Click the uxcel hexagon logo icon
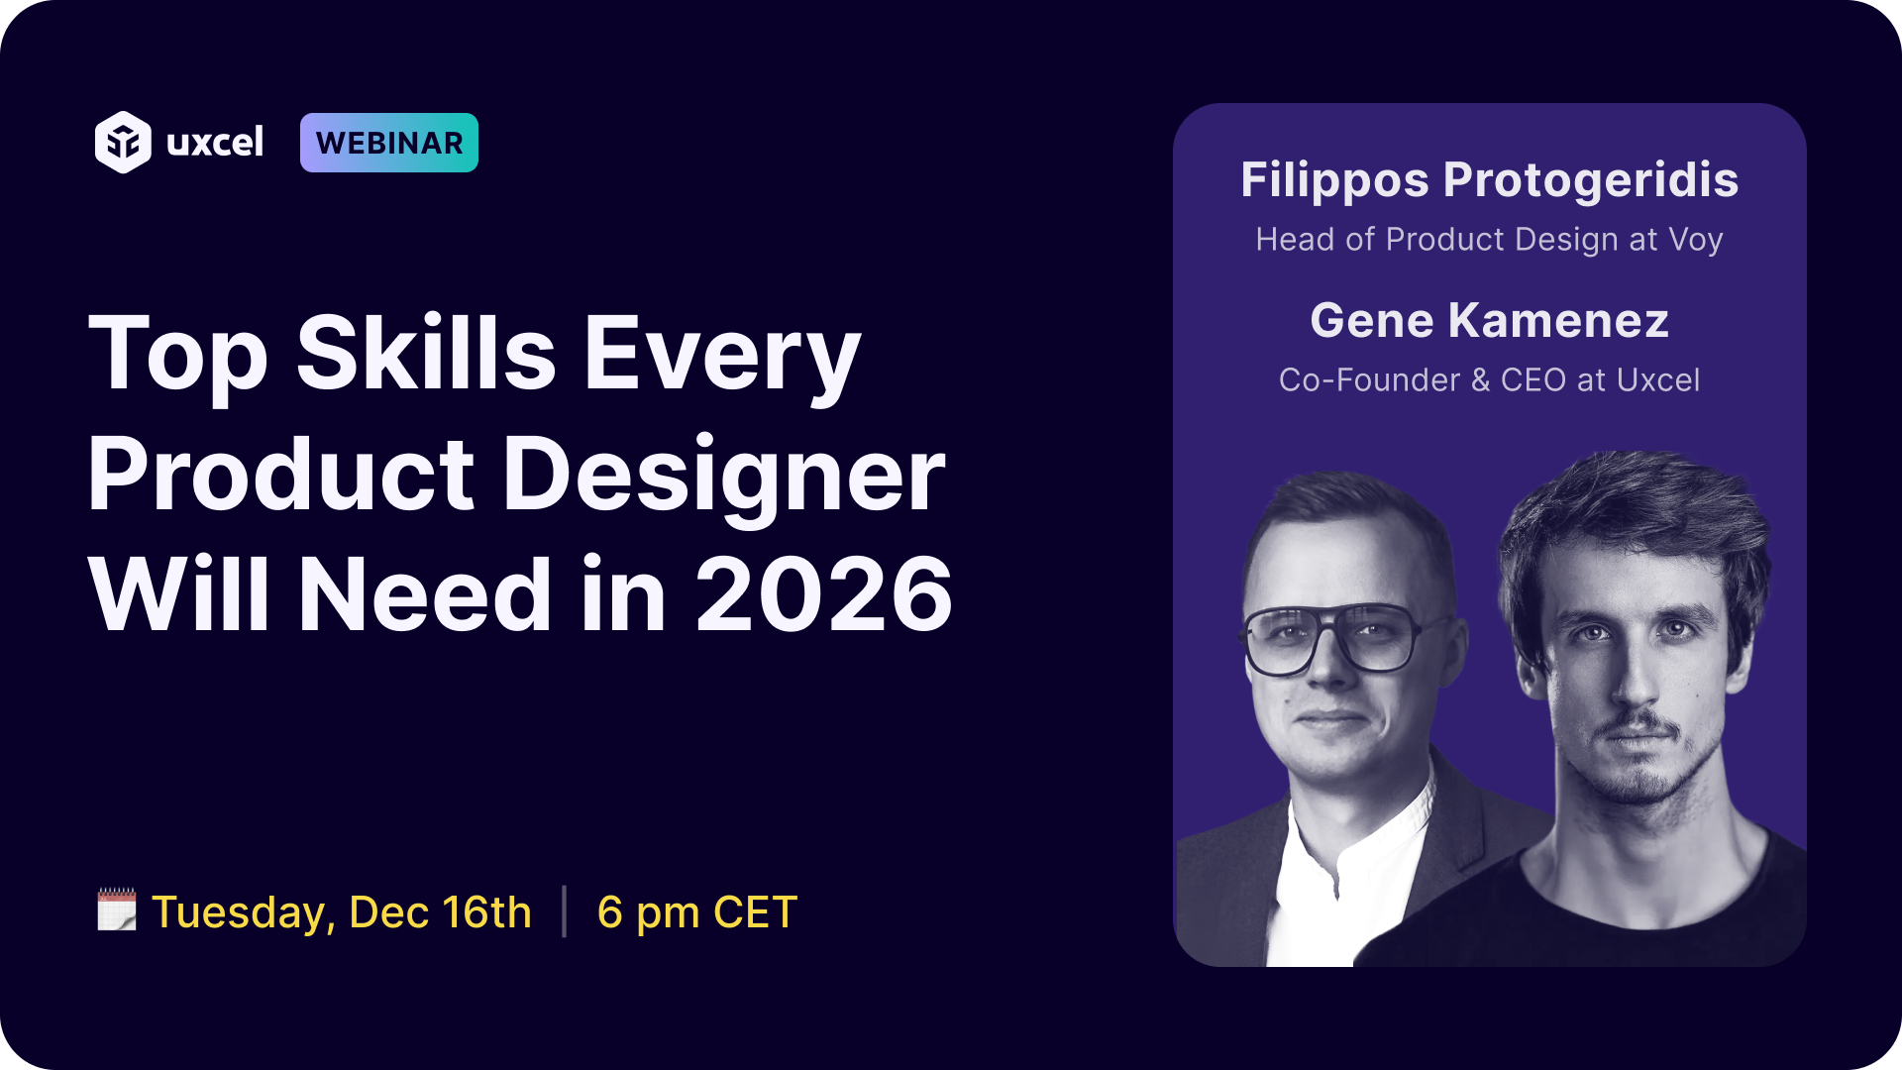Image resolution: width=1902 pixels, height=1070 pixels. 123,143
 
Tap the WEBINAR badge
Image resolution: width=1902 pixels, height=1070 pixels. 389,143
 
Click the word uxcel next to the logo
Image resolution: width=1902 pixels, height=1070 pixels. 215,143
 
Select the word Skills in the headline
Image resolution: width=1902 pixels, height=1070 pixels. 426,354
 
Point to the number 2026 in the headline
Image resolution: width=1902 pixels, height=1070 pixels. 823,594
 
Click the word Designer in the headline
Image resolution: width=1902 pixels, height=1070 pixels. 724,476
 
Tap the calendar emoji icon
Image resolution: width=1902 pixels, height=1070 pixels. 117,909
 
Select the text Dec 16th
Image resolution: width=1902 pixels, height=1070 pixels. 440,912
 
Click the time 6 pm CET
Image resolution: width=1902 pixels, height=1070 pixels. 696,912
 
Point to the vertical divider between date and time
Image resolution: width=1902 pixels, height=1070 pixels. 565,911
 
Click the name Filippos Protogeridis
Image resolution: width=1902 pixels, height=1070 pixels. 1489,180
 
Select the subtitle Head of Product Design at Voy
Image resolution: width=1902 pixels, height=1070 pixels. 1489,240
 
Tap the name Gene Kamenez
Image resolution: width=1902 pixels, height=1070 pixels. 1489,321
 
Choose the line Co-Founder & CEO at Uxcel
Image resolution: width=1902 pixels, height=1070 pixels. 1489,380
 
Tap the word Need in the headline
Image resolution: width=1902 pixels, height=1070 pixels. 424,594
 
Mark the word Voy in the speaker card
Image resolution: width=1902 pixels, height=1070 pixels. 1696,241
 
